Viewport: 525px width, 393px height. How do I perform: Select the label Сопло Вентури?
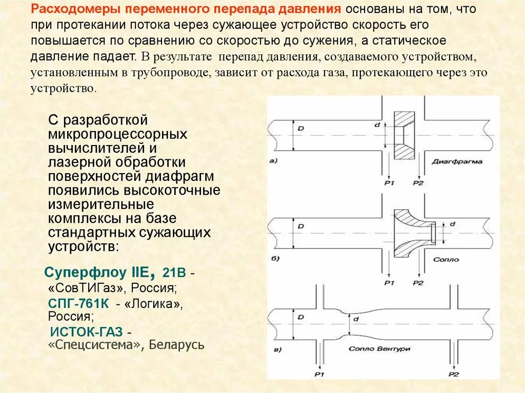379,349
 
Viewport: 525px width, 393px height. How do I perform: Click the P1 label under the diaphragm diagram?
389,182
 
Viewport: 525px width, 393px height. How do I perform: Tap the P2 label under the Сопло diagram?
418,282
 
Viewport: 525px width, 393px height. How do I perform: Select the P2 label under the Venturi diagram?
453,375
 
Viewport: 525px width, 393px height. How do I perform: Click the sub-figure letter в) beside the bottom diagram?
276,350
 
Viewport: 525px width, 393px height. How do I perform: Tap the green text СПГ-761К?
79,303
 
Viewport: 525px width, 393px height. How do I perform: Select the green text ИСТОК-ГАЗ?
88,332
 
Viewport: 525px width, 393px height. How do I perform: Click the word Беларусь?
177,345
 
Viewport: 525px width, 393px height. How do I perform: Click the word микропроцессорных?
117,135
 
